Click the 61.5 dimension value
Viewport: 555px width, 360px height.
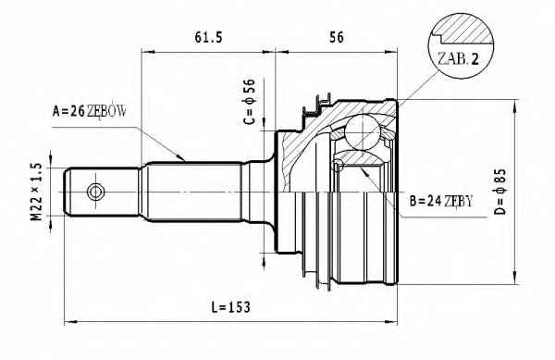coord(208,37)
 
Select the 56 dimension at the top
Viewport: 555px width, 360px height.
coord(337,37)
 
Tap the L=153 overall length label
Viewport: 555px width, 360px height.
coord(230,307)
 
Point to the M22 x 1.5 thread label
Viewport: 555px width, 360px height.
coord(36,192)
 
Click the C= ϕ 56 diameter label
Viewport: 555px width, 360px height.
coord(250,102)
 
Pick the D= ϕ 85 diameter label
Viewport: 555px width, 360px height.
coord(500,192)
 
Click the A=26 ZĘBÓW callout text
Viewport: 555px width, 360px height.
coord(89,111)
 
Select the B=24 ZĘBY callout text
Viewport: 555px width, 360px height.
coord(441,201)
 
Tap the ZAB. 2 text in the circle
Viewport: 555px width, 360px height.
coord(458,58)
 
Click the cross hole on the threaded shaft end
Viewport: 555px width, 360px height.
coord(95,192)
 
